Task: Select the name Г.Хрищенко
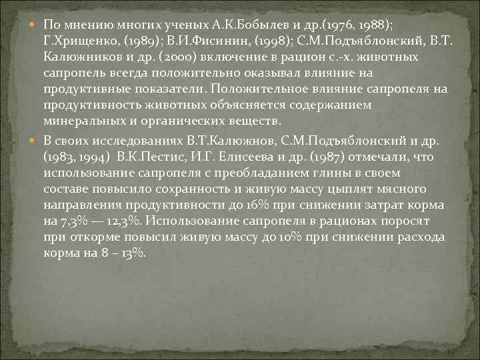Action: coord(75,41)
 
